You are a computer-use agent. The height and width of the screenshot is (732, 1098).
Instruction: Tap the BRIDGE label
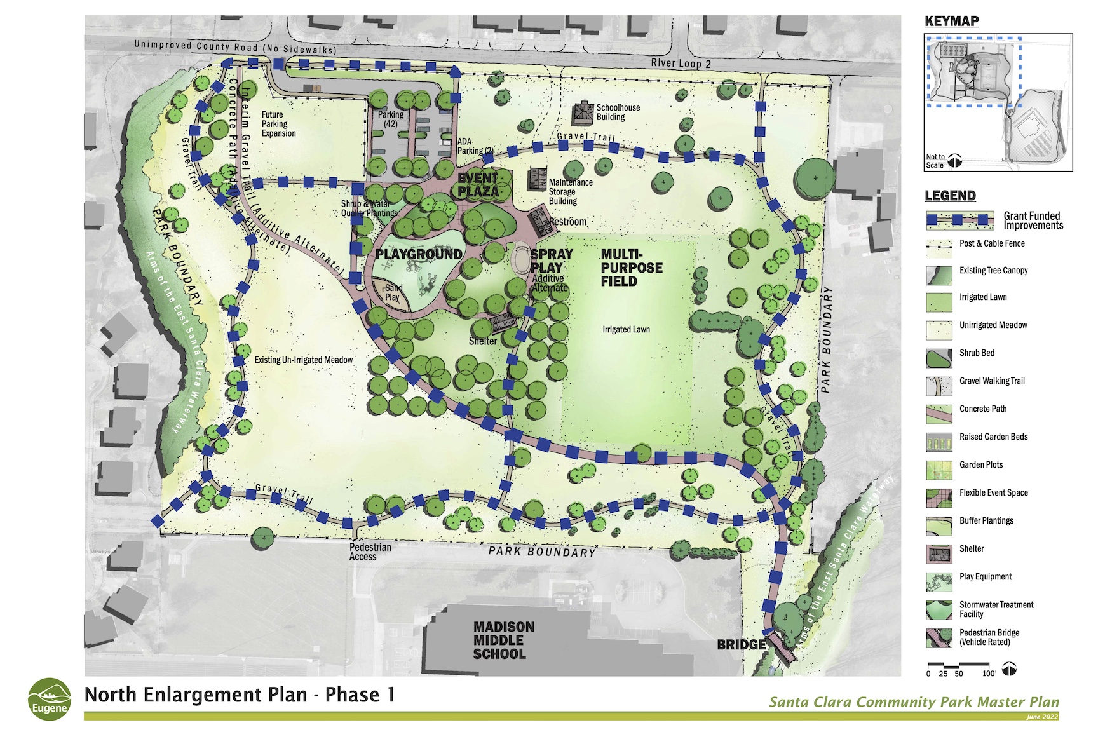[741, 645]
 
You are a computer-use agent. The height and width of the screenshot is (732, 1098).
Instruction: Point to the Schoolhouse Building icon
[583, 113]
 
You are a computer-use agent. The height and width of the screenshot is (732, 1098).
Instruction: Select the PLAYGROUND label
[418, 254]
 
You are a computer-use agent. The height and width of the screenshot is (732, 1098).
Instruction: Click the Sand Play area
[393, 293]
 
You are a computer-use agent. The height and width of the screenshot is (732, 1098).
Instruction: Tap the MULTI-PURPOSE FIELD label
[632, 268]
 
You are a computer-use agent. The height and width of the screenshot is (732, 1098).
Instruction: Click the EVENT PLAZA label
[478, 185]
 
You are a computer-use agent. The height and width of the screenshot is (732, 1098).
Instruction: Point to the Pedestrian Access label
[370, 552]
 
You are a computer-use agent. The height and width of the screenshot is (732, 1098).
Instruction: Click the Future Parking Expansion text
[278, 124]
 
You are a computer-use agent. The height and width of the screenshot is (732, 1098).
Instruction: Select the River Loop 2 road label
[681, 63]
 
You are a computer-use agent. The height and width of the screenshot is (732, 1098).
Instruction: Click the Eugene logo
[49, 700]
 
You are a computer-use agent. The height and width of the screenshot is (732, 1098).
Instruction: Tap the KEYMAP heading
[951, 21]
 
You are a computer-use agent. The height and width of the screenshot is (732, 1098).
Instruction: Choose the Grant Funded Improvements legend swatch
[959, 220]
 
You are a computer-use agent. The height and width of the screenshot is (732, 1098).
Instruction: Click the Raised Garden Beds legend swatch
[939, 442]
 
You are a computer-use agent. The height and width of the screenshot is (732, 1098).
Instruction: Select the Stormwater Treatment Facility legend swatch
[939, 610]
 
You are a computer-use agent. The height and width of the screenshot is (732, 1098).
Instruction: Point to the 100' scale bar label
[989, 674]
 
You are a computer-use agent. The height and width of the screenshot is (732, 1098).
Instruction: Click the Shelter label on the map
[483, 341]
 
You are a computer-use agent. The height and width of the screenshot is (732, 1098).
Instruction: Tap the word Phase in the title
[352, 695]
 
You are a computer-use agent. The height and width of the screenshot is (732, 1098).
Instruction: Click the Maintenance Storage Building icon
[537, 177]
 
